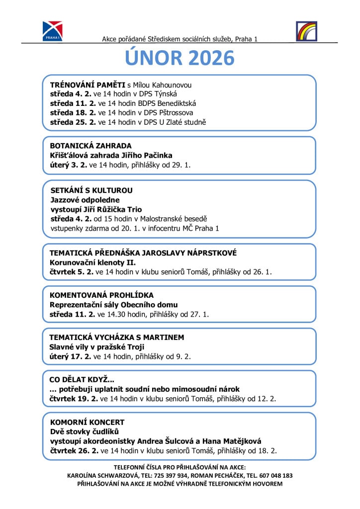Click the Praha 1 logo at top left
pos(52,31)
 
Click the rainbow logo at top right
pos(306,31)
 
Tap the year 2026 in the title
pos(211,59)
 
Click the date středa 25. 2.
pos(73,122)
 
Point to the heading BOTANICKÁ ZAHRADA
pos(90,146)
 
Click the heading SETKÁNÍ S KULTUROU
pos(91,190)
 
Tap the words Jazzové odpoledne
pos(85,200)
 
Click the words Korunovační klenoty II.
pos(92,262)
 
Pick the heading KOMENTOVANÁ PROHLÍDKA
pos(101,295)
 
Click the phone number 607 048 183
pos(274,475)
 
